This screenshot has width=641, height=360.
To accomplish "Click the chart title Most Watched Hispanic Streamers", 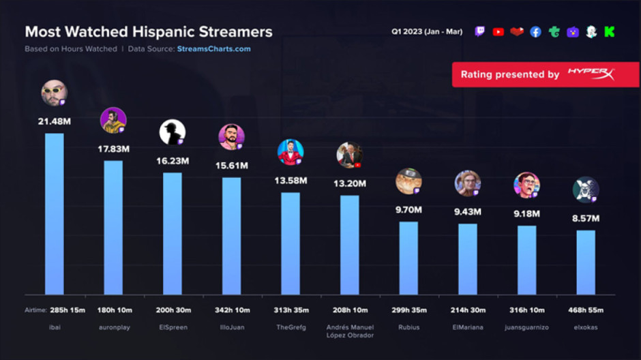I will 149,32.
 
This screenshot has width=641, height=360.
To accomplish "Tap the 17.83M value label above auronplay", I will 113,149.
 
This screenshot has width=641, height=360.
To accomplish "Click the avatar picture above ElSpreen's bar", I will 172,132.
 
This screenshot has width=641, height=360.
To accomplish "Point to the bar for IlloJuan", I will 231,236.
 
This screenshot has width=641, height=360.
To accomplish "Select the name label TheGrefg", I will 290,327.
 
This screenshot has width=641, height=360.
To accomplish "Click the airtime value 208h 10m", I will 349,310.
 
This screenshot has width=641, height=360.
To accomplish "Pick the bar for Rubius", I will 408,258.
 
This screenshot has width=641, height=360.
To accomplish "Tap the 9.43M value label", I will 467,212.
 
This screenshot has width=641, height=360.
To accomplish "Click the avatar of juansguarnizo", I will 526,185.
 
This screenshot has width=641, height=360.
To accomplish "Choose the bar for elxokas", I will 586,262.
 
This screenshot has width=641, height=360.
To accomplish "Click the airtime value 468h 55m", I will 586,310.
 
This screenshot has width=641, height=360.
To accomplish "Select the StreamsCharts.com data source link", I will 213,49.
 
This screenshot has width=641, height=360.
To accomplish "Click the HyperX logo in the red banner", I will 591,74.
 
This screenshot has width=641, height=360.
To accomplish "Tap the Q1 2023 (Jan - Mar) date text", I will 427,32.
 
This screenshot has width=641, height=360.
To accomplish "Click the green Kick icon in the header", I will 609,32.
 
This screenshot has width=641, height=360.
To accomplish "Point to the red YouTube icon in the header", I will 498,32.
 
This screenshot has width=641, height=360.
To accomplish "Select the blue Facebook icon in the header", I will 535,32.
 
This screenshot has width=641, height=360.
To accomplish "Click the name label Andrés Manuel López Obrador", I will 349,331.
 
